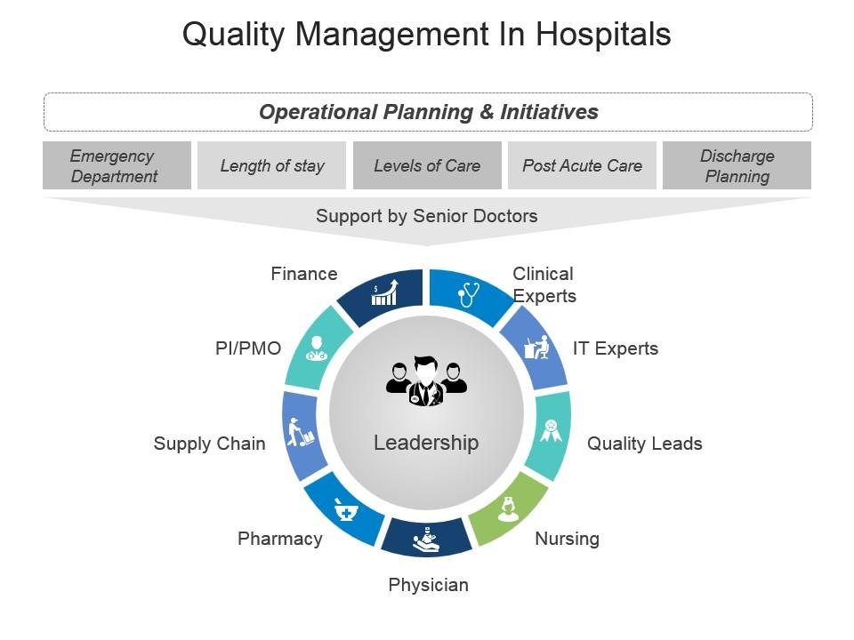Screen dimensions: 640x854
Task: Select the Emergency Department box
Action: [117, 165]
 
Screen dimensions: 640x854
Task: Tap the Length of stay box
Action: [271, 165]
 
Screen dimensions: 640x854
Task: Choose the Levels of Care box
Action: [427, 165]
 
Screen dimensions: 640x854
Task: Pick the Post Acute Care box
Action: [582, 165]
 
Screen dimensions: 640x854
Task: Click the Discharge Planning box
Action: [737, 165]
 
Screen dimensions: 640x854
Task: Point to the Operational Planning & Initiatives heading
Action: [428, 112]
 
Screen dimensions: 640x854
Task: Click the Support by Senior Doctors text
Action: [427, 215]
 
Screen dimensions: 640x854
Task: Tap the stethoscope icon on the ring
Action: [468, 293]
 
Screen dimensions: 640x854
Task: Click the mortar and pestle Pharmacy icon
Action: [346, 510]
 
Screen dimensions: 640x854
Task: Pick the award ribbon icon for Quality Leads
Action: [552, 431]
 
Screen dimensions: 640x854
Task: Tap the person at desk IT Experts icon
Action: [536, 347]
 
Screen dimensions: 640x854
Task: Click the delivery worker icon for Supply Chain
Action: [300, 432]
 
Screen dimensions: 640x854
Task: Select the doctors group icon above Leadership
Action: [426, 381]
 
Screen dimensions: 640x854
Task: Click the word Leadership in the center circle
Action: [426, 443]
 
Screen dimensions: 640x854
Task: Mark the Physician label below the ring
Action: [428, 585]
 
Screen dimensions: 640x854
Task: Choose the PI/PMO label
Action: [248, 348]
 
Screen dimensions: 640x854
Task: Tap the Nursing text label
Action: [567, 539]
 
